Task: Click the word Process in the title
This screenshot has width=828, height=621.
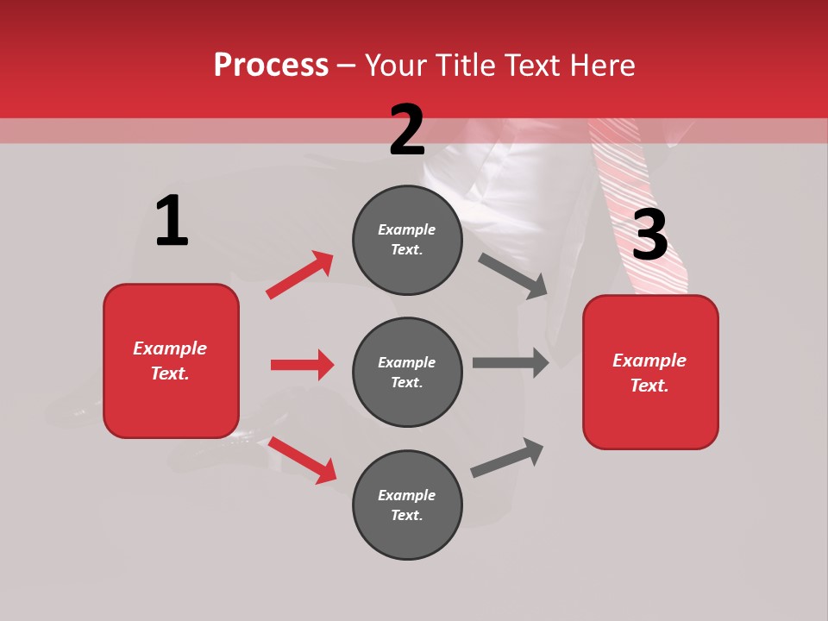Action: point(271,65)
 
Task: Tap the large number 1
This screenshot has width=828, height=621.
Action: point(172,221)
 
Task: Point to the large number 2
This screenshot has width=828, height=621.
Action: point(407,130)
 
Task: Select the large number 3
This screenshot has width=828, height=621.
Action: point(649,235)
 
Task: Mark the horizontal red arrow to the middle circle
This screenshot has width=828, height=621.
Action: point(302,365)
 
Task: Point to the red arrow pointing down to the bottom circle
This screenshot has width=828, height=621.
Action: point(302,460)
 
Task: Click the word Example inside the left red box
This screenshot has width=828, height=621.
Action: point(170,348)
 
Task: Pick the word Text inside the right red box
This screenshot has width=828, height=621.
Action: point(649,386)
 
